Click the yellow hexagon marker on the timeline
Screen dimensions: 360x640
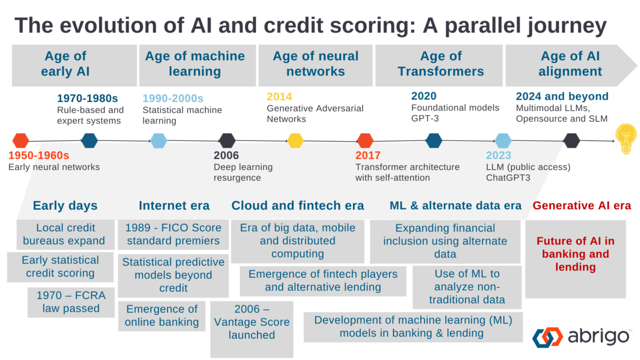pos(295,141)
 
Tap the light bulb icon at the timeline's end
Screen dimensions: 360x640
pos(625,140)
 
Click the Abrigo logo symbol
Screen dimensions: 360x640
pos(548,338)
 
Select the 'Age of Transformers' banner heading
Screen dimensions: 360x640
pos(441,63)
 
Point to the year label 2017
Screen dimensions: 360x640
pos(368,156)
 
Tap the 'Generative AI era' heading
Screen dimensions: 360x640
pos(582,205)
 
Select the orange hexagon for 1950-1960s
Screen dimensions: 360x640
pos(20,141)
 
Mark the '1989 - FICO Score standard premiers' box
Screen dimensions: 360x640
pos(172,234)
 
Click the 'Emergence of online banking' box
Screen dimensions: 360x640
pos(162,315)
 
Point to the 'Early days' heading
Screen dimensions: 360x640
pos(65,205)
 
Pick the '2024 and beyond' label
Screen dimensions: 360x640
pos(562,97)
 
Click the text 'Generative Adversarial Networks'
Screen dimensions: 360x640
pos(315,114)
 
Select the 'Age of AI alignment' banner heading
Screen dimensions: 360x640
pos(570,63)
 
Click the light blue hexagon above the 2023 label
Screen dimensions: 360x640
pos(503,141)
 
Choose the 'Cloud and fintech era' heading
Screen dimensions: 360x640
pos(298,205)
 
